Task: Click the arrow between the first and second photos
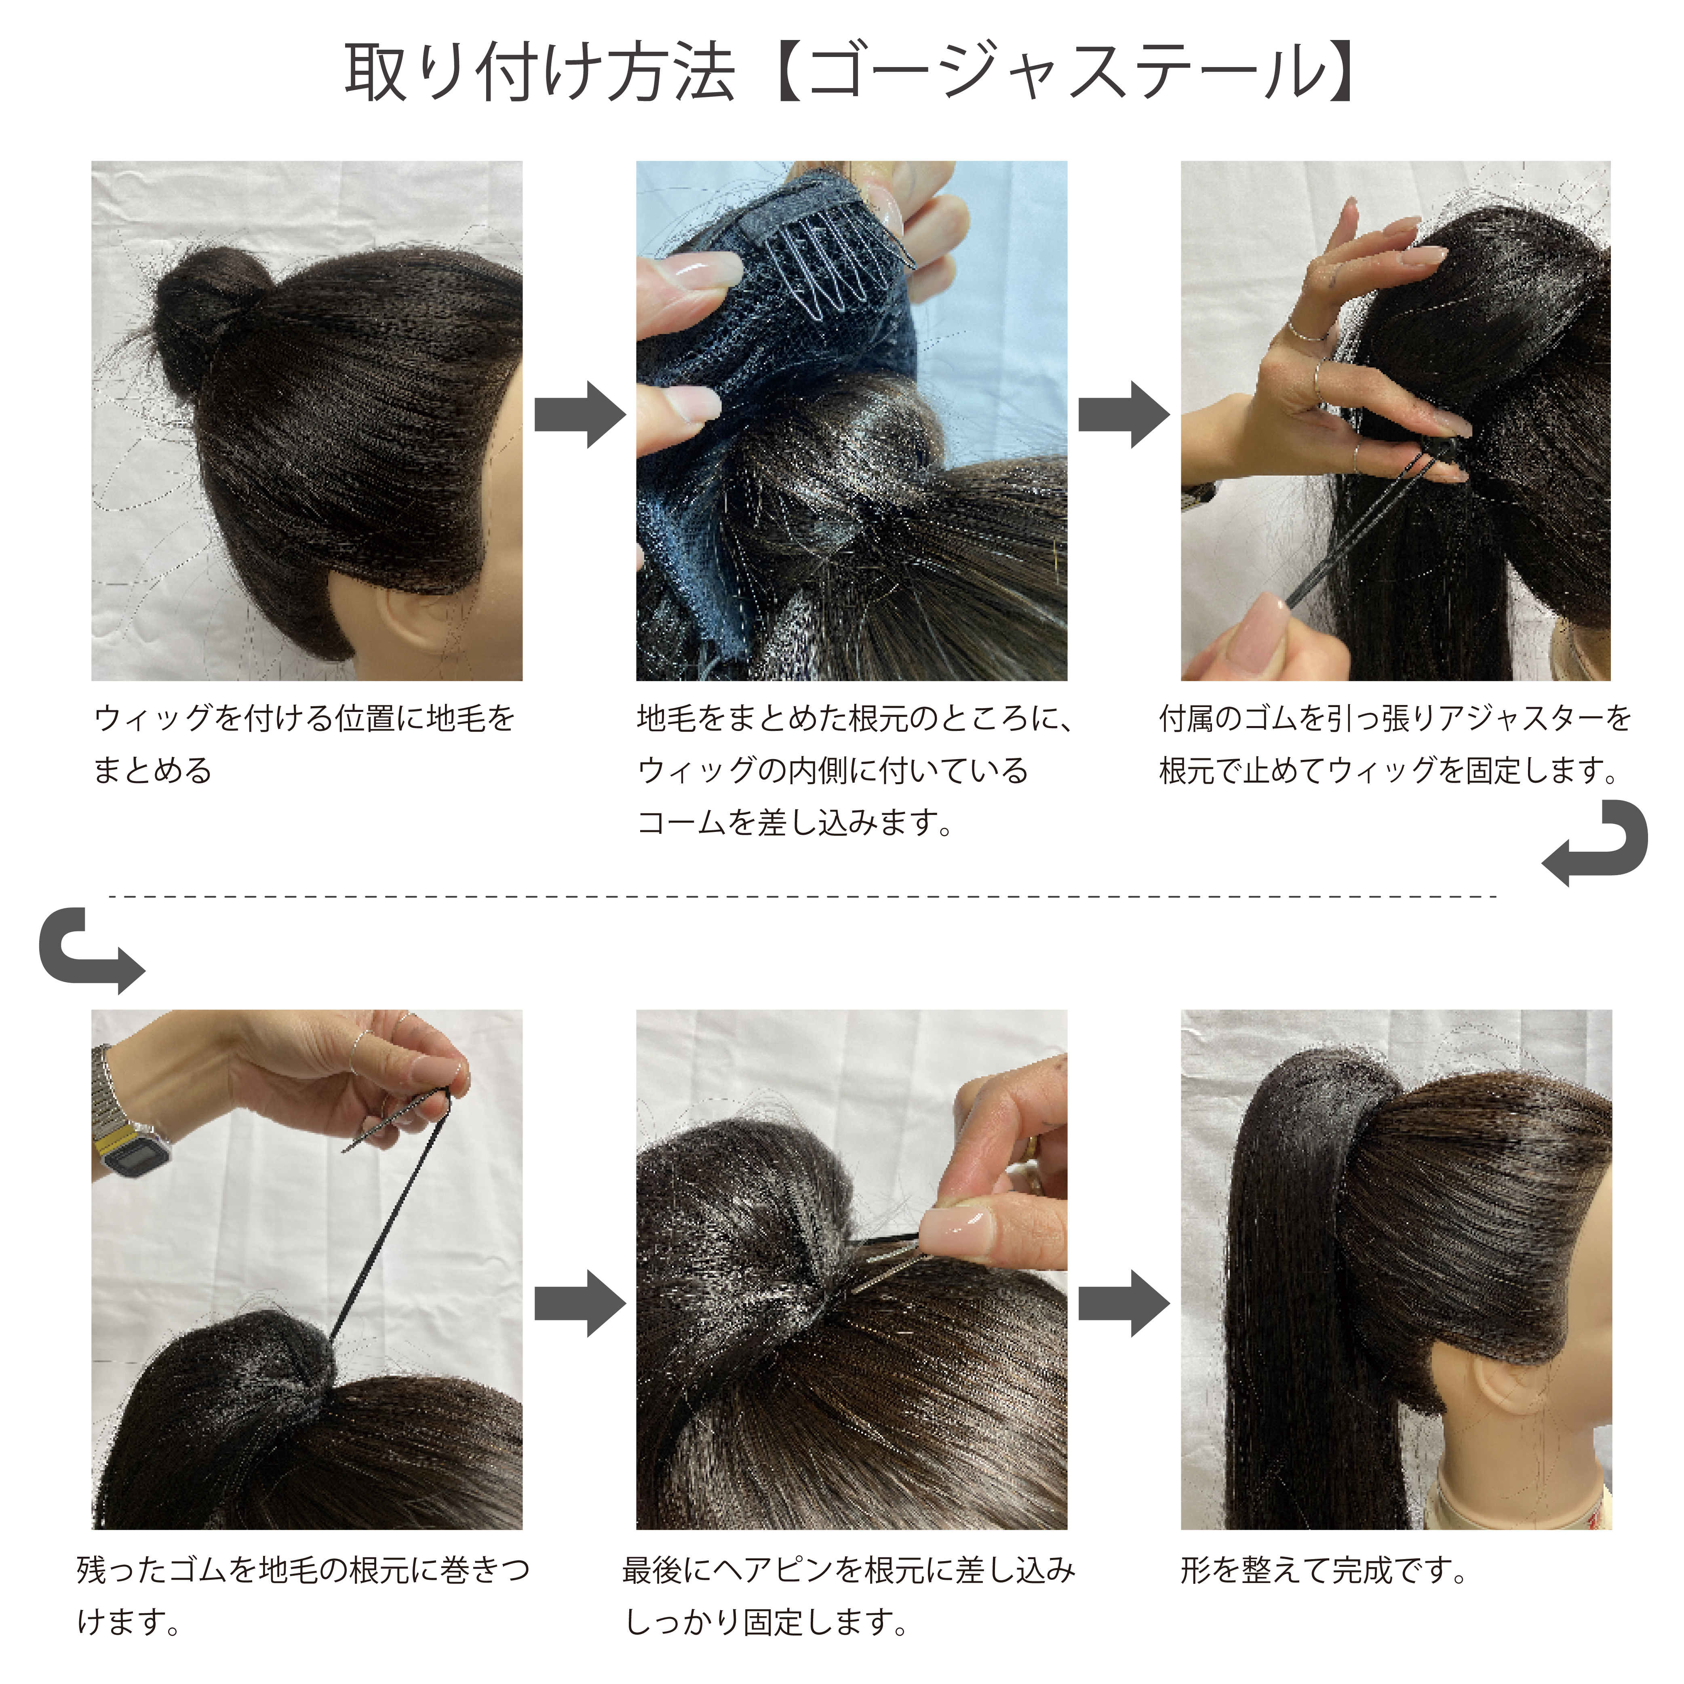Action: click(x=580, y=414)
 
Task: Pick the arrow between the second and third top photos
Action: click(x=1124, y=414)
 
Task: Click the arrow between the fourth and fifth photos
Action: click(x=580, y=1303)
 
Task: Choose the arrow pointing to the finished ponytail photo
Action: click(x=1124, y=1303)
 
